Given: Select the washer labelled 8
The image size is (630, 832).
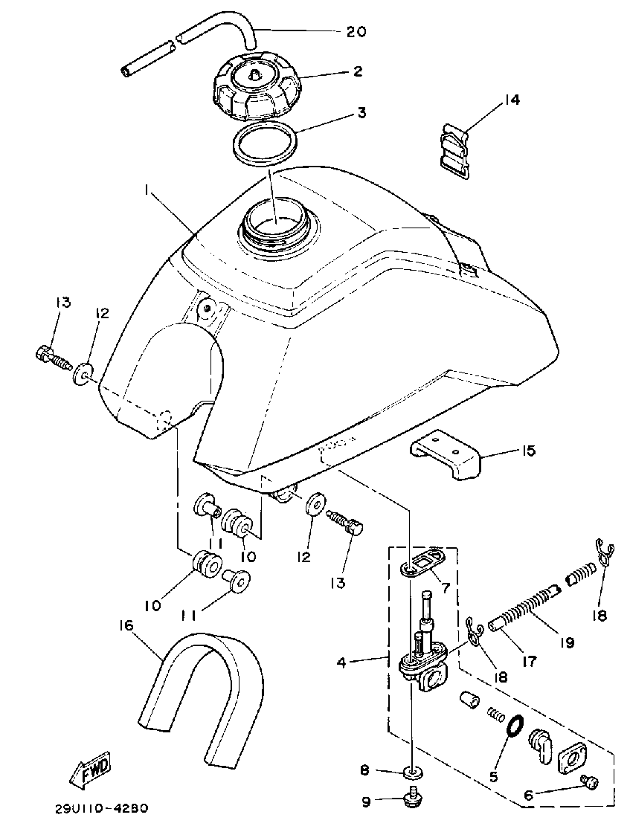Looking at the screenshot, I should (x=411, y=771).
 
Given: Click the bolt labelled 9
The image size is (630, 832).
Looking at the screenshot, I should (x=411, y=799).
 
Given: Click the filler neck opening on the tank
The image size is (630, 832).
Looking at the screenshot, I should (x=274, y=221).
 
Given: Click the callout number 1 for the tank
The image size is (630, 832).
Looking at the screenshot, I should (x=149, y=192).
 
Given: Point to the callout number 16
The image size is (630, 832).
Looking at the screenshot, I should (x=125, y=625).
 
